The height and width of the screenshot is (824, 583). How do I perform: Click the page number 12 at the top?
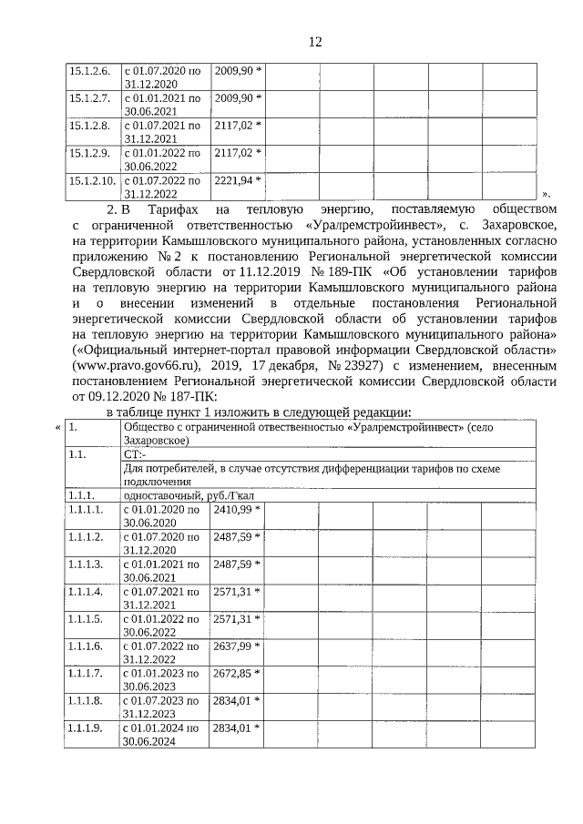315,42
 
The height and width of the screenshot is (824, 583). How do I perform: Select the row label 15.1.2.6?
89,70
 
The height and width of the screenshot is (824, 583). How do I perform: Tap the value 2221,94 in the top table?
232,179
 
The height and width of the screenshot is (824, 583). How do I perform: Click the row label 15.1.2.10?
92,179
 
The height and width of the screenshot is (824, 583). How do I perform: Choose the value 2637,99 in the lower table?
232,646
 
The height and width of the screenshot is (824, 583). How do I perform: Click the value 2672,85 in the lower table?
232,673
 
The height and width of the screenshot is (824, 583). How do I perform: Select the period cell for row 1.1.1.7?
161,679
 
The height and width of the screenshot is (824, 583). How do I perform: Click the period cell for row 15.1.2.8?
161,131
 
